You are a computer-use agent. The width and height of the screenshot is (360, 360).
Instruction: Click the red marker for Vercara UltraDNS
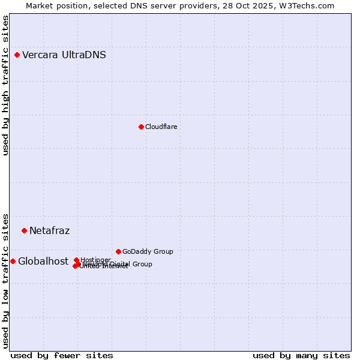[x=17, y=55]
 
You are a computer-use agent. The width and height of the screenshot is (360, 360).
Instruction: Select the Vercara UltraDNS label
[x=64, y=55]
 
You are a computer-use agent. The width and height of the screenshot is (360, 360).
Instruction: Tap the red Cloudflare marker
[x=141, y=127]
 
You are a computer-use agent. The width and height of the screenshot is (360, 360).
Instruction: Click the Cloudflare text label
[x=161, y=127]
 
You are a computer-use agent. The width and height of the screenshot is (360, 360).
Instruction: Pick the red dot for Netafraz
[x=24, y=230]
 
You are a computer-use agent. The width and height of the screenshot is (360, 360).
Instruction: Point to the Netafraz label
[x=50, y=230]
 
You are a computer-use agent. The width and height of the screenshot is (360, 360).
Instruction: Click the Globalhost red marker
[x=13, y=261]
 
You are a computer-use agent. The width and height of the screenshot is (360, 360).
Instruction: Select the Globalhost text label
[x=43, y=261]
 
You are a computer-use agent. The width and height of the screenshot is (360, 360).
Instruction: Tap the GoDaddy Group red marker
[x=118, y=251]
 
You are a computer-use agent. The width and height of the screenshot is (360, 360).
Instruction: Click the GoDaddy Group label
[x=148, y=251]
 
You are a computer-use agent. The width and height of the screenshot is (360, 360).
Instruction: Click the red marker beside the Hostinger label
[x=76, y=260]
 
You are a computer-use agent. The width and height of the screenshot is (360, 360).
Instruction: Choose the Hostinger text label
[x=96, y=260]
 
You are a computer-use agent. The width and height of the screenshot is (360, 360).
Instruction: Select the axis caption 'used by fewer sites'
[x=62, y=355]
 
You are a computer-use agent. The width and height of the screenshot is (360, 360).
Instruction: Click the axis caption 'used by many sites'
[x=301, y=355]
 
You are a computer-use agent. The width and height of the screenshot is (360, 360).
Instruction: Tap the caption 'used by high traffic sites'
[x=6, y=85]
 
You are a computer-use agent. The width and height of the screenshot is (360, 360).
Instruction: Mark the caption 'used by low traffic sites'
[x=6, y=280]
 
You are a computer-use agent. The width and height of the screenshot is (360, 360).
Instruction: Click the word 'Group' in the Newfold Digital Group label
[x=142, y=264]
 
